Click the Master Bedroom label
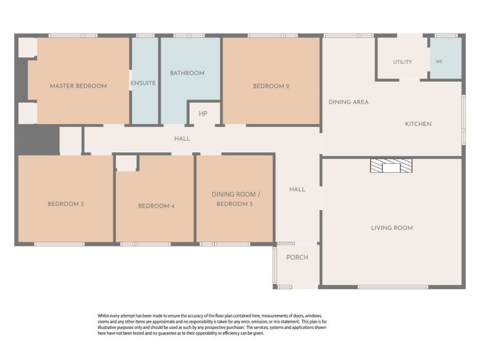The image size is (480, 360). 78,86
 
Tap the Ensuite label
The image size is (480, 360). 143,83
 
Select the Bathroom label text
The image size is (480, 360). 187,73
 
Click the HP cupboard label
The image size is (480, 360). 203,114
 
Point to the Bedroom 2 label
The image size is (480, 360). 272,86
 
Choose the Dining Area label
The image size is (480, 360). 348,102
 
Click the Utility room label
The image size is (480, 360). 403,62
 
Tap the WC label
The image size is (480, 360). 440,62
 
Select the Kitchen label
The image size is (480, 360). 418,123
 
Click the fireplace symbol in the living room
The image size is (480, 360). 392,166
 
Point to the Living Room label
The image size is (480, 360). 392,228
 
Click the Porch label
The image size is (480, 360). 297,257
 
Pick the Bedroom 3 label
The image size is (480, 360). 66,204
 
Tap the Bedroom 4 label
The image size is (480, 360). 156,206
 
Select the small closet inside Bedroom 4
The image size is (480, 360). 126,163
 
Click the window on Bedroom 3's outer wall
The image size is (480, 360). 59,244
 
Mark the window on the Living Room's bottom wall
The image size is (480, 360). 393,287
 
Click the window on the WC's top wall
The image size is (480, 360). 446,36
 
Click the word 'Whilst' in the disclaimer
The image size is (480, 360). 103,315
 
